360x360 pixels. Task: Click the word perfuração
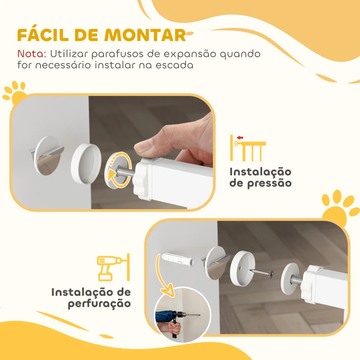(99, 304)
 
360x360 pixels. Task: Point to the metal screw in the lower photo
(261, 272)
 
